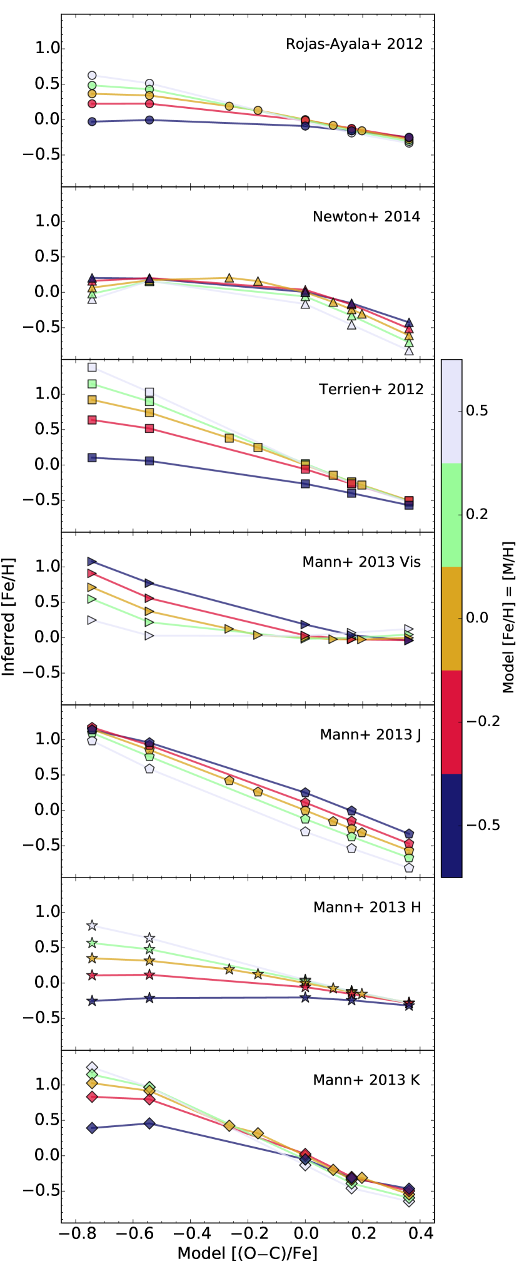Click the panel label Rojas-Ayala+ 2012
[x=354, y=44]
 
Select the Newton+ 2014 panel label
[x=366, y=217]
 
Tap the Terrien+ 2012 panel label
[x=371, y=389]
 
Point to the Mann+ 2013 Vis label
[x=361, y=562]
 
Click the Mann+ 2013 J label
[x=370, y=734]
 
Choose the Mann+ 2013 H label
[x=367, y=907]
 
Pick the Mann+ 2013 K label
[x=366, y=1080]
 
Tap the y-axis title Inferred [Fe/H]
[x=9, y=617]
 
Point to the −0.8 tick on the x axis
[x=71, y=1233]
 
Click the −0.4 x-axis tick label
[x=188, y=1233]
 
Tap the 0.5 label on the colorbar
[x=477, y=411]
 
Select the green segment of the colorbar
[x=451, y=515]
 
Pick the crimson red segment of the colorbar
[x=451, y=722]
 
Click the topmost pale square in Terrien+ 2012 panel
[x=93, y=367]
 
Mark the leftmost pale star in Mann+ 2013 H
[x=93, y=926]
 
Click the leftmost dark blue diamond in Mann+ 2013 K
[x=93, y=1128]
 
